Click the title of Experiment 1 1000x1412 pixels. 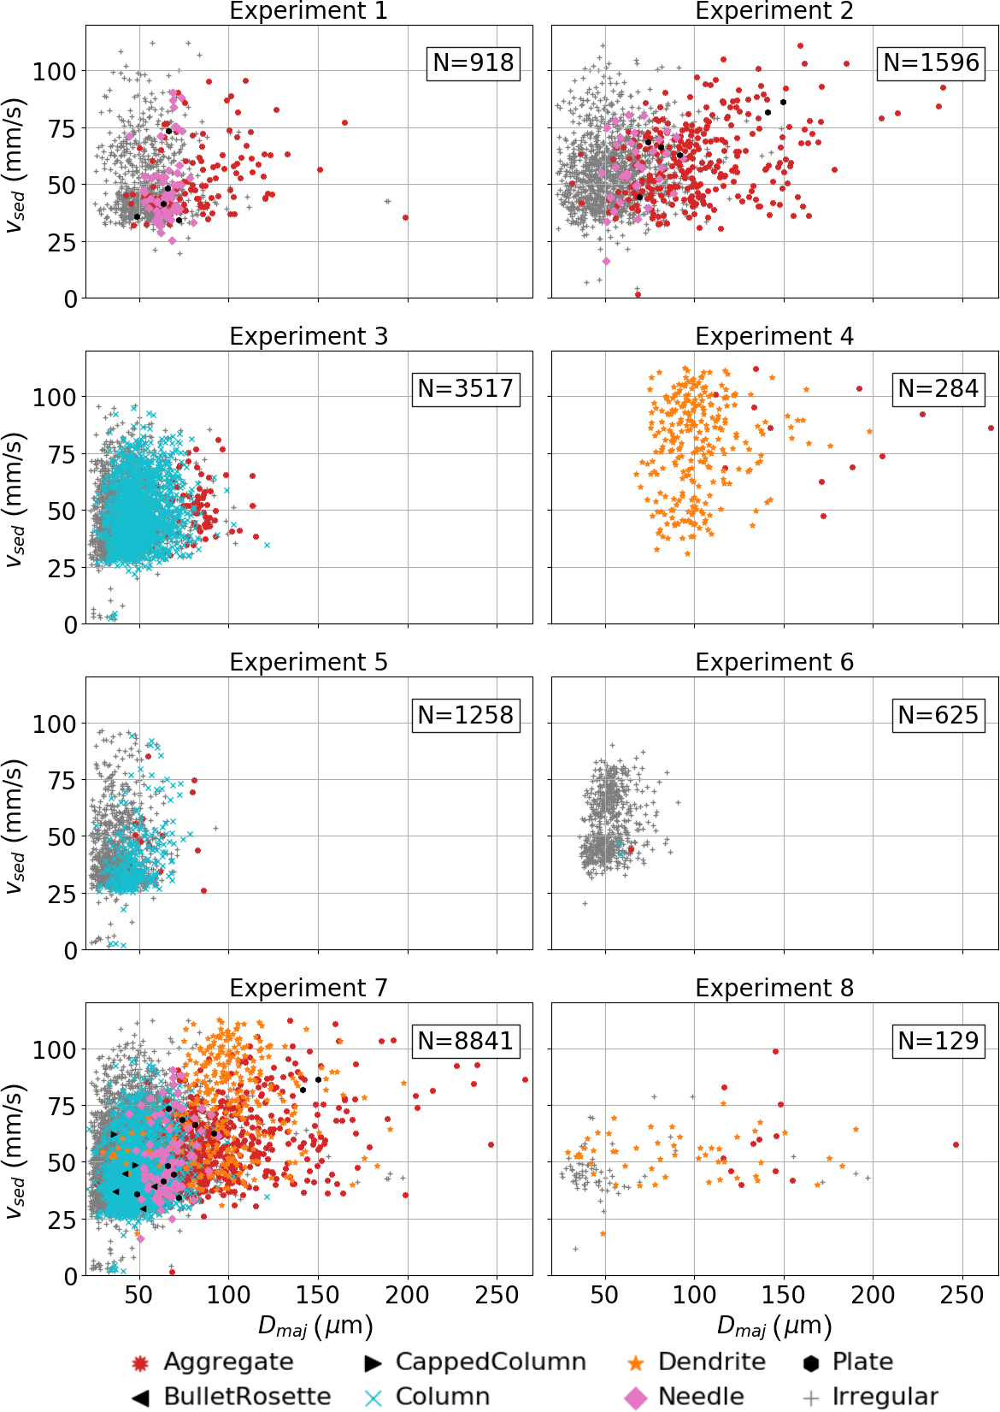[x=309, y=11]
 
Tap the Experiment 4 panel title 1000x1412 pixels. [x=774, y=337]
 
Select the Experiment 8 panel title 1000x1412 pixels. [x=774, y=989]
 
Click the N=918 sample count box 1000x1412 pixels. [x=474, y=63]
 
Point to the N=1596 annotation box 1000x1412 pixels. [x=931, y=63]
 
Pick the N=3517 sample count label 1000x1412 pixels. [x=466, y=389]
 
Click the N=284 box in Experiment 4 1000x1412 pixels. [x=938, y=389]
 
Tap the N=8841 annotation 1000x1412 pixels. [x=466, y=1041]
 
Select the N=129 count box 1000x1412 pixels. [x=938, y=1041]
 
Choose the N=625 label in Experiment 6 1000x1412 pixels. [x=938, y=715]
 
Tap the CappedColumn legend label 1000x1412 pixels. [x=491, y=1362]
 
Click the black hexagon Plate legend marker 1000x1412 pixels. [x=811, y=1362]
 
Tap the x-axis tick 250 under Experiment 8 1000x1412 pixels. [x=962, y=1295]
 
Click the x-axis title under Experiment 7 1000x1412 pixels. [x=315, y=1326]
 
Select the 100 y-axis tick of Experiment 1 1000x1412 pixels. [x=54, y=71]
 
